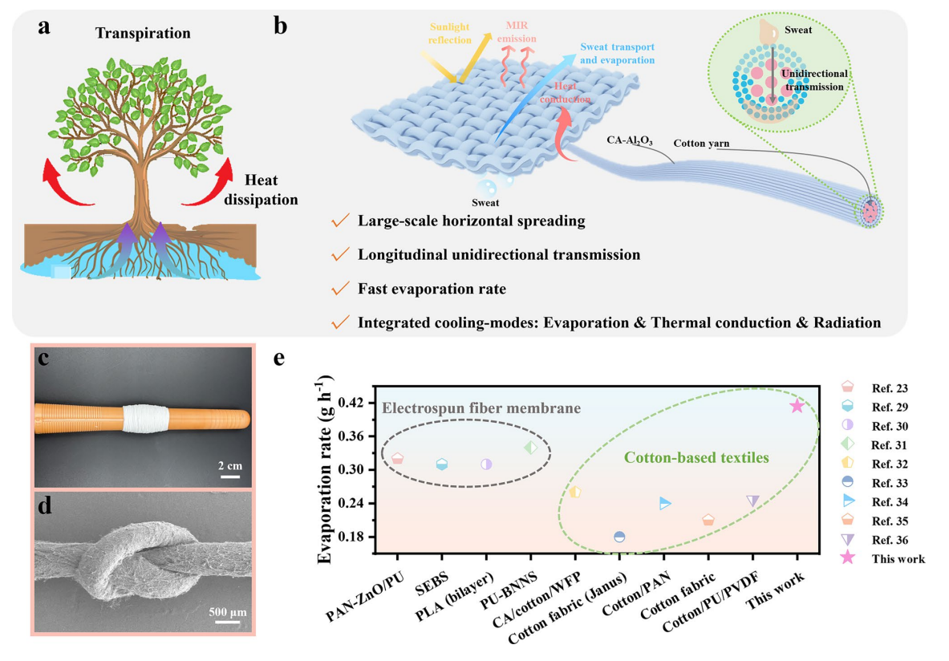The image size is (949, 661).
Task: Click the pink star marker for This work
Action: (x=797, y=406)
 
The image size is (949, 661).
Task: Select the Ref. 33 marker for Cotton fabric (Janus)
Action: (x=618, y=537)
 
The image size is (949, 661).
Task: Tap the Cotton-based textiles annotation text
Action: (x=696, y=458)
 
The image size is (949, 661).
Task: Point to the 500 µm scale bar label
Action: (x=227, y=613)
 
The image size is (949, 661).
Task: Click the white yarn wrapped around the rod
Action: (x=144, y=420)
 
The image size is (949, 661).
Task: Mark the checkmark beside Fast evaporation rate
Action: (x=340, y=289)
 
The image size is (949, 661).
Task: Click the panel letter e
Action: (x=280, y=358)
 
